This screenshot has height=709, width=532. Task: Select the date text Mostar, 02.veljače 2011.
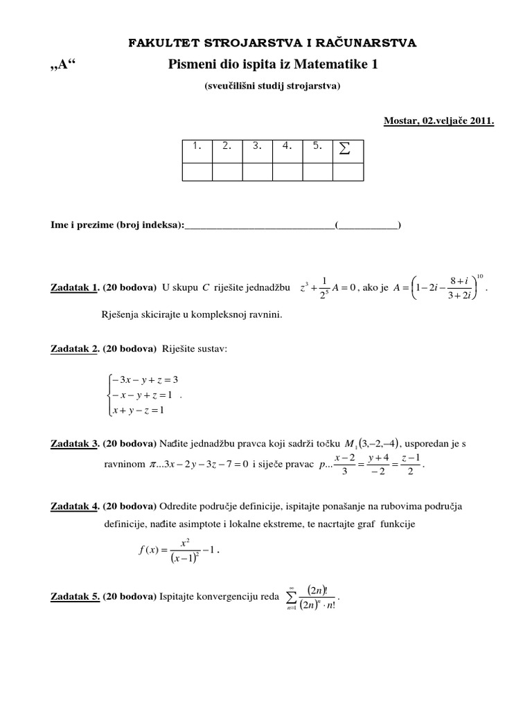tap(438, 120)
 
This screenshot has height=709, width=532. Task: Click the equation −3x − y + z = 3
tap(142, 379)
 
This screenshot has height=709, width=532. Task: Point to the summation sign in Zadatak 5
tap(292, 596)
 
